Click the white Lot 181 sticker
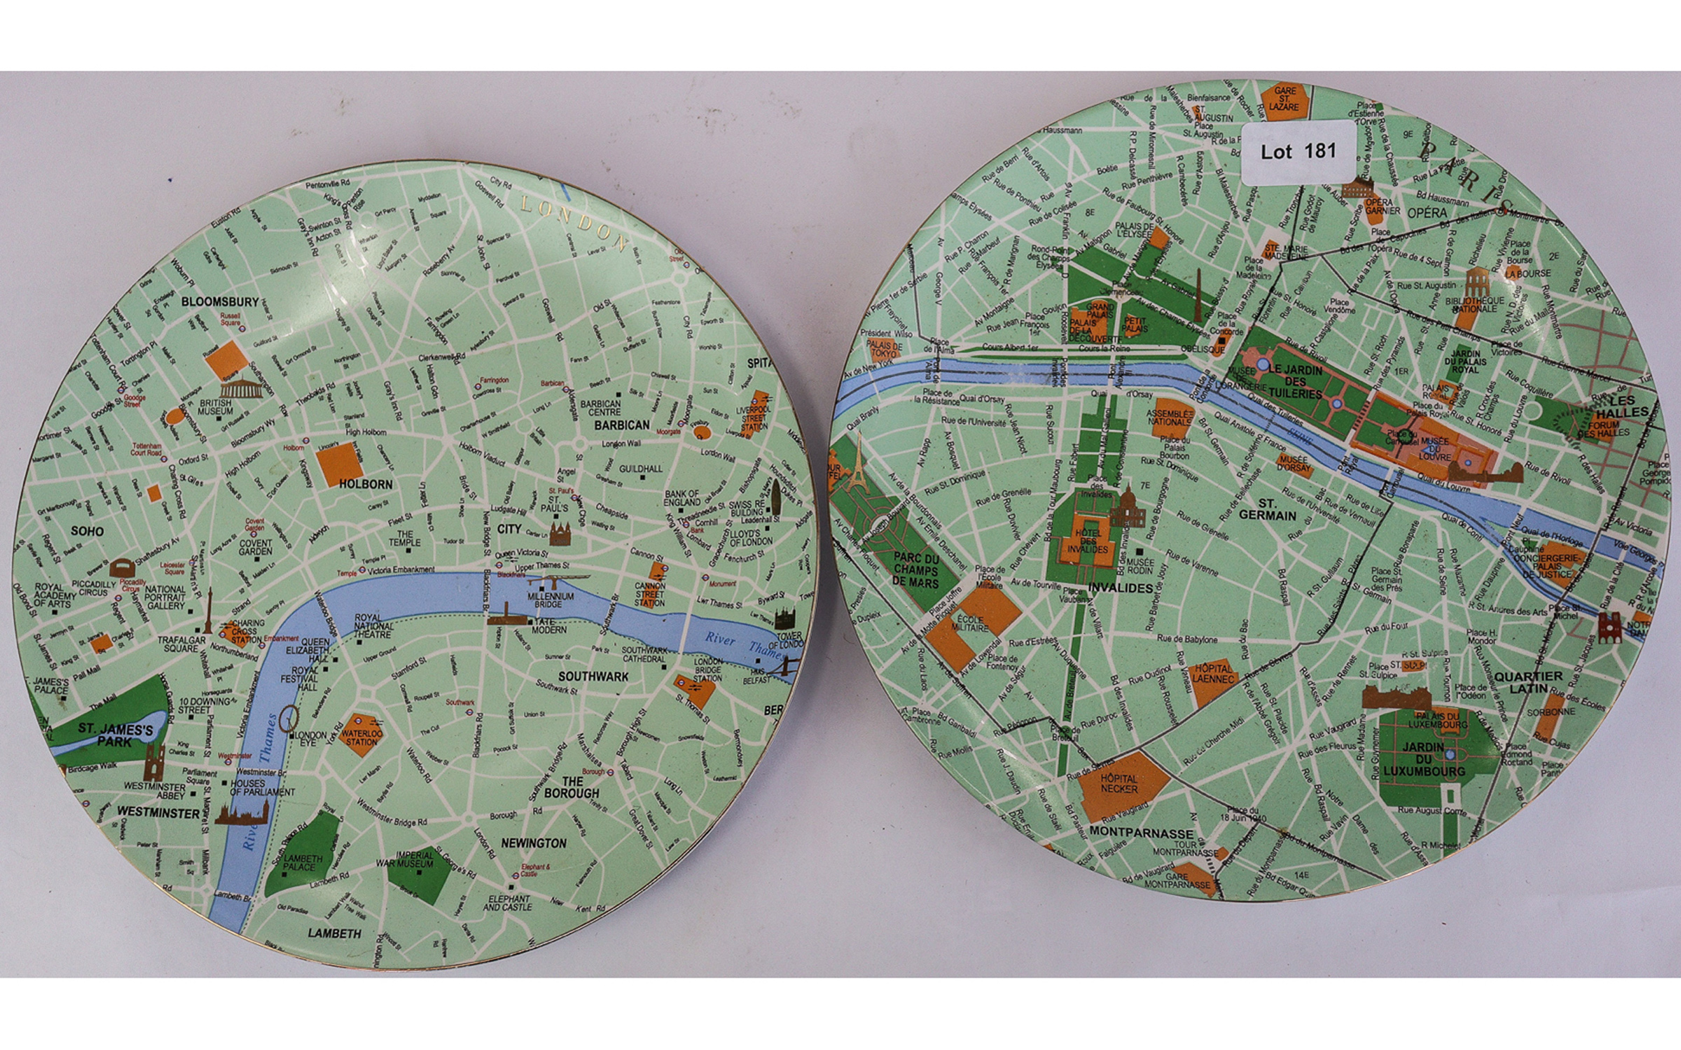pos(1298,151)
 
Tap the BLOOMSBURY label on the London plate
pos(220,302)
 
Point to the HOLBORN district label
pos(366,484)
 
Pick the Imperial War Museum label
pos(415,860)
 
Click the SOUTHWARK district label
pos(593,677)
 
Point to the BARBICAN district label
pos(622,425)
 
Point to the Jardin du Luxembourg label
pos(1423,759)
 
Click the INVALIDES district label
pos(1121,588)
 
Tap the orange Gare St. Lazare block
pos(1285,99)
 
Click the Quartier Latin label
pos(1528,682)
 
